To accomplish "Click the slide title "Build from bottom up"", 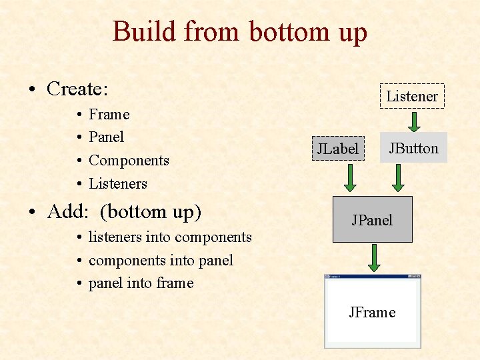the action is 240,31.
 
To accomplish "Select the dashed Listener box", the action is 412,96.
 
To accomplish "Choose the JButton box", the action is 413,148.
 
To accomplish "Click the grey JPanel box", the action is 373,219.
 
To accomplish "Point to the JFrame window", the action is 373,312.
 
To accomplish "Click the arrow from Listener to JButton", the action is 413,121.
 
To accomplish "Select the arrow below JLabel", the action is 348,178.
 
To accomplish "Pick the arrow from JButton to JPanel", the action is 398,178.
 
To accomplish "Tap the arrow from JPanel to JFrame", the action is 374,258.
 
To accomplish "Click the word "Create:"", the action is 77,89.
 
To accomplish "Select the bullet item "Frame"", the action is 109,114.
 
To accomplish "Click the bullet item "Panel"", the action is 106,137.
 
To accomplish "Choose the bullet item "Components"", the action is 129,160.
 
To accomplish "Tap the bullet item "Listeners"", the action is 118,183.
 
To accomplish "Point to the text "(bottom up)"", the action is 151,211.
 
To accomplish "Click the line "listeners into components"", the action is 170,237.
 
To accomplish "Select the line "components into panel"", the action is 161,260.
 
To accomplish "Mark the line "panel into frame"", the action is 141,283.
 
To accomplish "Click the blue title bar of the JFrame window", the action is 373,276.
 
